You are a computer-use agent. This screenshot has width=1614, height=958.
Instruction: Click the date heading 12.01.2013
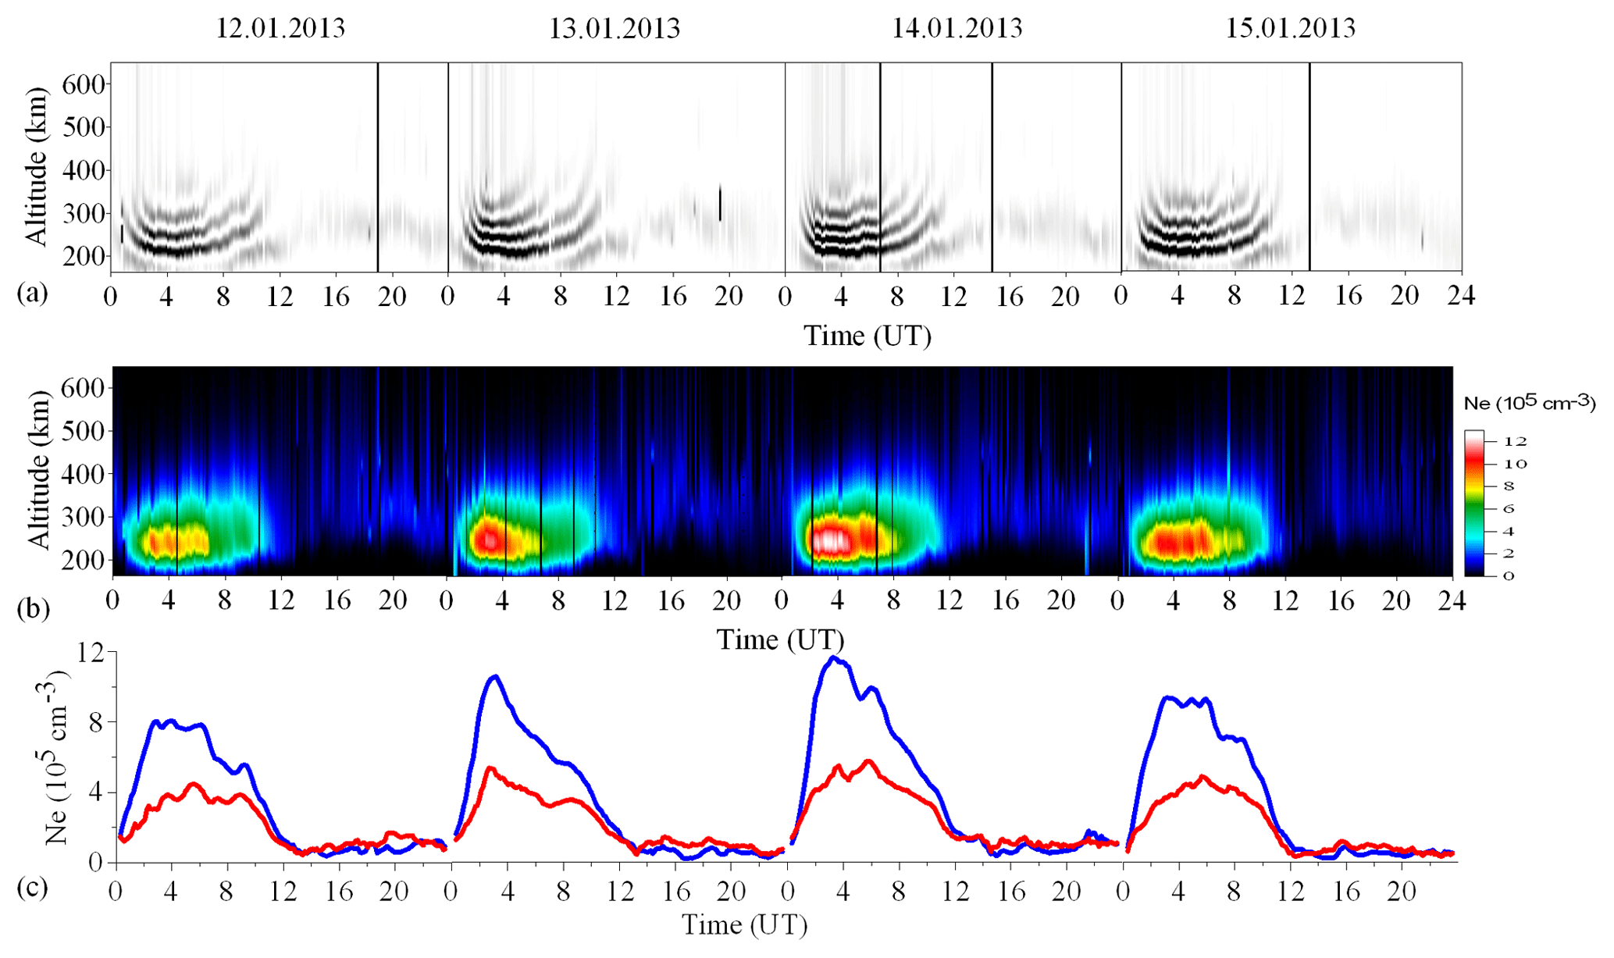pos(280,28)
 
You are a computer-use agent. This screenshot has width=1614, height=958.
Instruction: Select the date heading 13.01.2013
pos(615,29)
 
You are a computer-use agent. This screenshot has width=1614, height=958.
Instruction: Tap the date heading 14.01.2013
pos(957,28)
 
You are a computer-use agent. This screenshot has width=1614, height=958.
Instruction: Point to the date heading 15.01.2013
pos(1290,28)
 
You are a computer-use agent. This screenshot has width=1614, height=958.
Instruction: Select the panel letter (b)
pos(33,608)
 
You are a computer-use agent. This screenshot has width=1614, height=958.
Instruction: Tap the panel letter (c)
pos(32,889)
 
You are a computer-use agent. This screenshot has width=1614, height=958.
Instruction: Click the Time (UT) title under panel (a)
pos(868,336)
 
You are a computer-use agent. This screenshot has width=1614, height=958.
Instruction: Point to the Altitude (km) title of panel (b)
pos(37,471)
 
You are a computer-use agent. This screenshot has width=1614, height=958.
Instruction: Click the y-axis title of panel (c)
pos(56,756)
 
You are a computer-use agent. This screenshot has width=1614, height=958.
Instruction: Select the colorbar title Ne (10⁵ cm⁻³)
pos(1529,402)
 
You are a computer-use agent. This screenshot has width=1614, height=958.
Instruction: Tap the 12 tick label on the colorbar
pos(1514,441)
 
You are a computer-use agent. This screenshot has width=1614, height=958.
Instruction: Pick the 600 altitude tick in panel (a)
pos(83,84)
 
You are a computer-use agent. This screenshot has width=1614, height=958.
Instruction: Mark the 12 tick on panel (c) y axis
pos(93,653)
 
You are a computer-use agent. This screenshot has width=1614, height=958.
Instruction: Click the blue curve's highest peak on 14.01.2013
pos(834,658)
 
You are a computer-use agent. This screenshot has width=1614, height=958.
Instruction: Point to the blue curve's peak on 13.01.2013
pos(494,676)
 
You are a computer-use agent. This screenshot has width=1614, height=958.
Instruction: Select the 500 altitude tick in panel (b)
pos(84,431)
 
